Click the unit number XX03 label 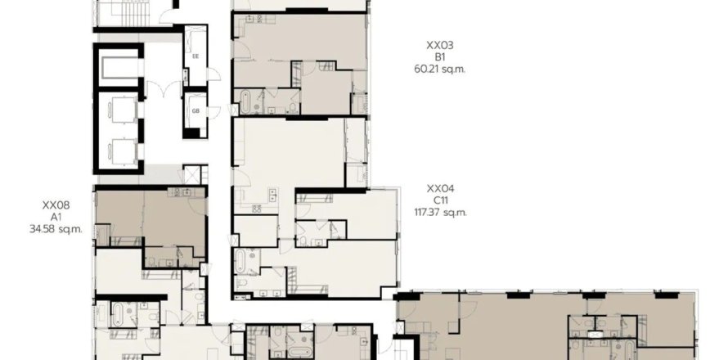tap(439, 46)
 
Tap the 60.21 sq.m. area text tap(439, 69)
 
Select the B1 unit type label tap(439, 57)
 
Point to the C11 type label tap(440, 200)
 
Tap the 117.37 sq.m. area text tap(440, 213)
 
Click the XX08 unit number tap(56, 205)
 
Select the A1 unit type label tap(56, 217)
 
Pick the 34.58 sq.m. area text tap(56, 229)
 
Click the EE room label tap(195, 56)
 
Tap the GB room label tap(195, 110)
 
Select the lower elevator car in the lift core tap(124, 149)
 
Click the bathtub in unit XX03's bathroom tap(245, 104)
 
